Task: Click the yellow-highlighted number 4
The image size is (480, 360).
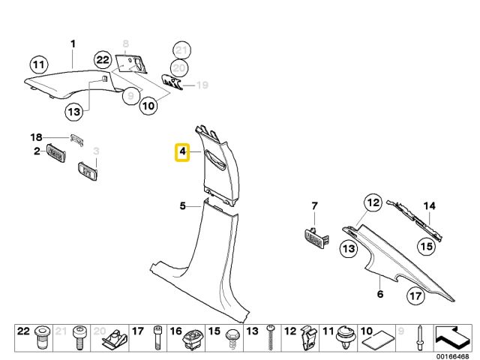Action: coord(182,154)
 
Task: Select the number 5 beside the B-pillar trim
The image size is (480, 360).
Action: coord(182,205)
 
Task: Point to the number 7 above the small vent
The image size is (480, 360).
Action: coord(315,205)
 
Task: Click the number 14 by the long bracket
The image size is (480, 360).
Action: coord(429,205)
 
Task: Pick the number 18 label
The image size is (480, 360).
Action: coord(34,136)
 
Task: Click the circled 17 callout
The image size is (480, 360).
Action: coord(415,296)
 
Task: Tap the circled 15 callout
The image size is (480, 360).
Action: coord(425,245)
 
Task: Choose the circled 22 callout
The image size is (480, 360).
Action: coord(103,60)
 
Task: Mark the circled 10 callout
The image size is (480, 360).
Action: coord(148,106)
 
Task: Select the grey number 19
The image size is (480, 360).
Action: coord(201,85)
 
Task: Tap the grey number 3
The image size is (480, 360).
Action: coord(96,152)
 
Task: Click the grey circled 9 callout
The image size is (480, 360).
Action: coord(130,96)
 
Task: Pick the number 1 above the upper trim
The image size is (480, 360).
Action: coord(73,44)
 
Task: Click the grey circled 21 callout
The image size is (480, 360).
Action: coord(179,50)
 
